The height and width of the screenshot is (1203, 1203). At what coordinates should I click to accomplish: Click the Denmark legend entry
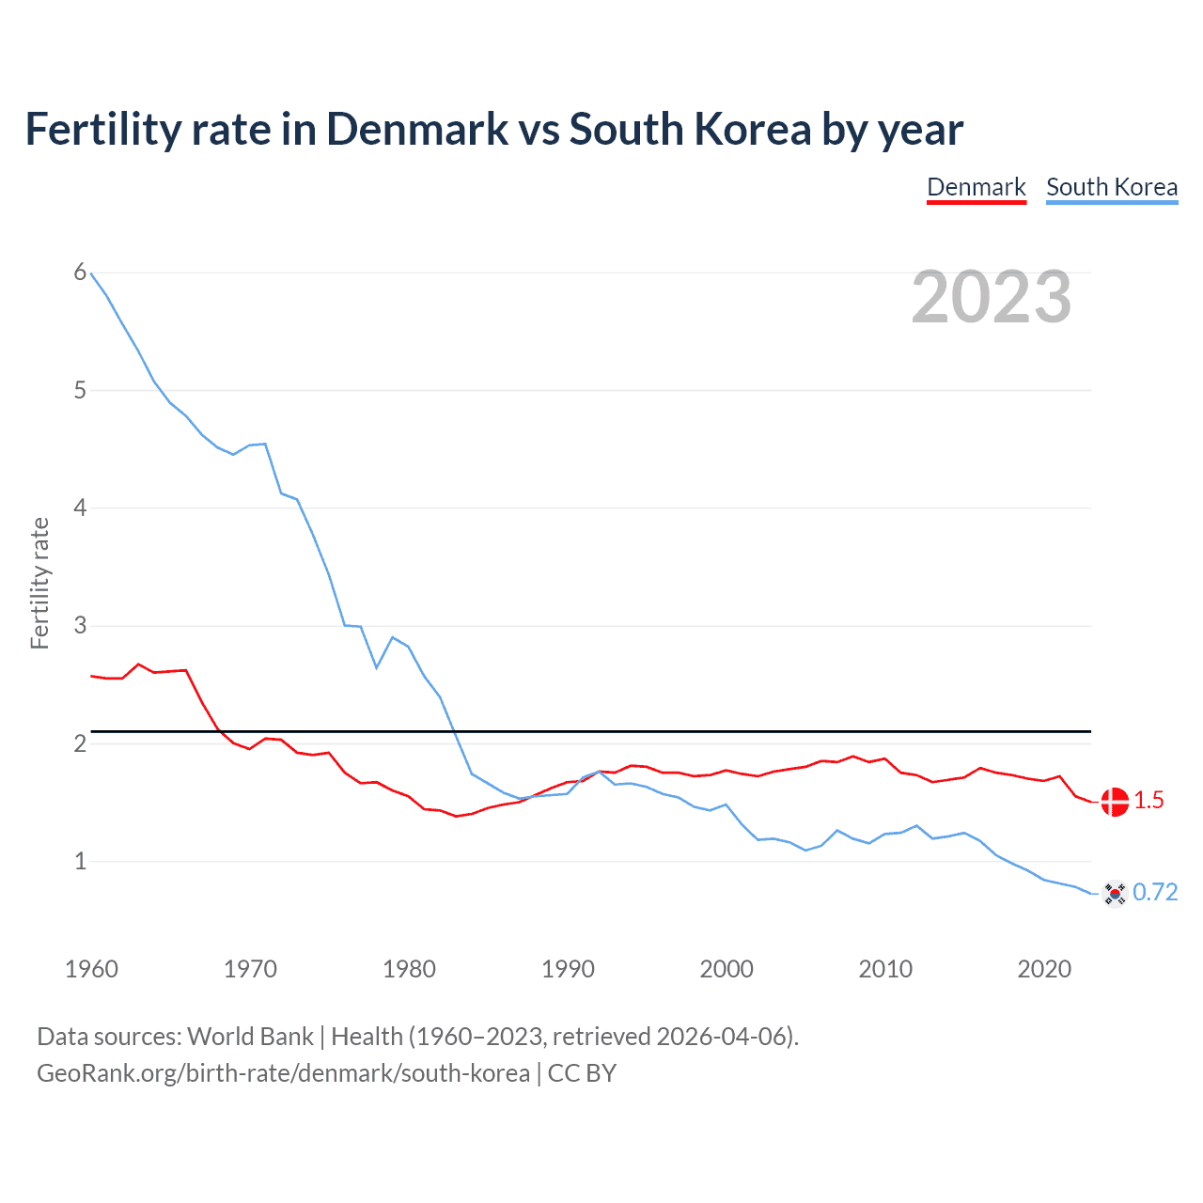[976, 187]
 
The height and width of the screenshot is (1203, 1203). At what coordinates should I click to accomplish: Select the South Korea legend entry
[1111, 187]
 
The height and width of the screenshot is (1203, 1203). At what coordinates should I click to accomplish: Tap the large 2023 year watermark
[992, 297]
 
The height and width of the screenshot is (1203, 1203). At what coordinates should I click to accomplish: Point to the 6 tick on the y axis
[80, 273]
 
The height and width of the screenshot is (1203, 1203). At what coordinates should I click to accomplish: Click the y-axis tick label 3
[80, 625]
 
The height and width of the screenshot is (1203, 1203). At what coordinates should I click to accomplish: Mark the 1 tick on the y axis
[80, 861]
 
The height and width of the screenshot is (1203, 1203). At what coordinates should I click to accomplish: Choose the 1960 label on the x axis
[91, 969]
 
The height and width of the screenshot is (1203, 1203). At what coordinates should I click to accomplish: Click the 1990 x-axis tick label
[568, 969]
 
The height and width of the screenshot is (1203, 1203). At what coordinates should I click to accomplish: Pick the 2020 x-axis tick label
[1044, 969]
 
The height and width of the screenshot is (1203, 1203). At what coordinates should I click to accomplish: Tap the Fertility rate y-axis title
[39, 583]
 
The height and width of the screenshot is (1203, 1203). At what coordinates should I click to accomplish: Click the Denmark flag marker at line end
[1115, 802]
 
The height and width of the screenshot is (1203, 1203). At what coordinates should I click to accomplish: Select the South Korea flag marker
[1115, 894]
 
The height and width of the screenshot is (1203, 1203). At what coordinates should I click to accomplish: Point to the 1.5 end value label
[1148, 801]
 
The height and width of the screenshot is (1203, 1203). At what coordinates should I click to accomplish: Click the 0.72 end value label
[1155, 893]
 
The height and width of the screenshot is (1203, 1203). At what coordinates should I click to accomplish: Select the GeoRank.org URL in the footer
[283, 1073]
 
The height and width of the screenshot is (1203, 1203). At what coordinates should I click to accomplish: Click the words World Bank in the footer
[250, 1037]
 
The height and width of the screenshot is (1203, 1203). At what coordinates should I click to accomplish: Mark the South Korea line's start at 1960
[91, 273]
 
